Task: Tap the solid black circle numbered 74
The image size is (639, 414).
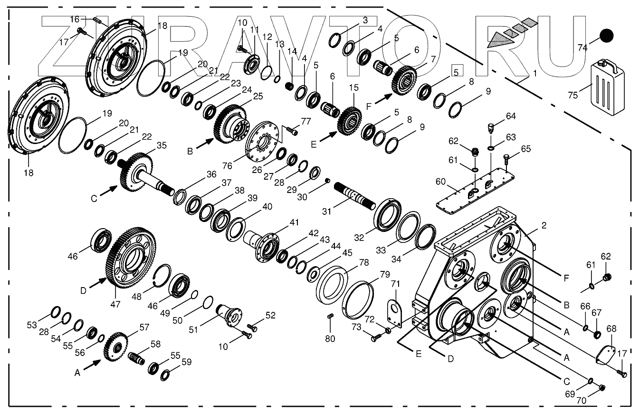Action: pyautogui.click(x=606, y=36)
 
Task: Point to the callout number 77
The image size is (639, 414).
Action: pyautogui.click(x=306, y=121)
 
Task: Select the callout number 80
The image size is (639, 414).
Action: pyautogui.click(x=330, y=339)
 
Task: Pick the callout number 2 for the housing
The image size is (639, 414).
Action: pyautogui.click(x=544, y=226)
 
